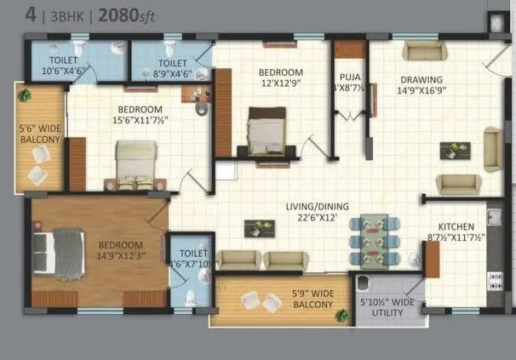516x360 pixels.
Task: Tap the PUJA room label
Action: point(349,82)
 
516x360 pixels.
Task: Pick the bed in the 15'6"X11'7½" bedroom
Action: point(135,160)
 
